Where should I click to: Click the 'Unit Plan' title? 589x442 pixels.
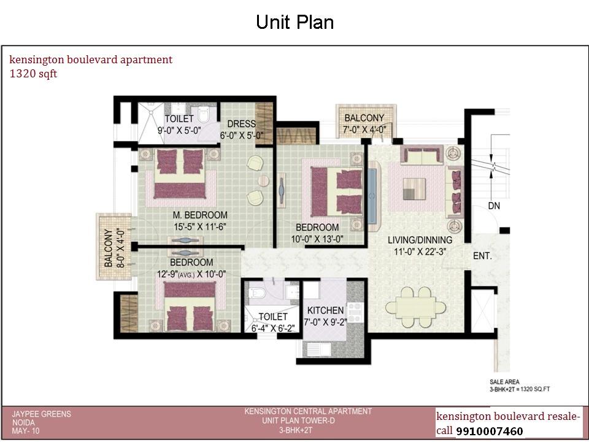[295, 22]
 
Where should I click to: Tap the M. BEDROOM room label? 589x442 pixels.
[200, 215]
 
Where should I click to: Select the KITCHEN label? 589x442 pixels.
[325, 311]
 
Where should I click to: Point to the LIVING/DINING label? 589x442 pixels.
[420, 240]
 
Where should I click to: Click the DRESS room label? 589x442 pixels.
[242, 123]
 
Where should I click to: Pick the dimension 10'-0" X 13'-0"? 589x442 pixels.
[317, 239]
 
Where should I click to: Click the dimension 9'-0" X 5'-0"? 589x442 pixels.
[179, 130]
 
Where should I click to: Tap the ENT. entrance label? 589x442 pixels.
[482, 256]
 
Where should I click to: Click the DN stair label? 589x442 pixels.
[494, 206]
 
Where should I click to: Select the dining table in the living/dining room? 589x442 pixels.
[415, 308]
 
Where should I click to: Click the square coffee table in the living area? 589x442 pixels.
[414, 189]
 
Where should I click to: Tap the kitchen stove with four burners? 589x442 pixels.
[354, 312]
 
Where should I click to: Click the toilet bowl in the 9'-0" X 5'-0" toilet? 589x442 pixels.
[204, 114]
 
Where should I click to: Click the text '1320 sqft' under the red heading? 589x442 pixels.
[33, 74]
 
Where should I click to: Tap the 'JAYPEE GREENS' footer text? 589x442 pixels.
[41, 414]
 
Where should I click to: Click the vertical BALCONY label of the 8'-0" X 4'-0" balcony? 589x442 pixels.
[108, 248]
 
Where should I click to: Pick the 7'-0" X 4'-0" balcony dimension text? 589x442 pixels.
[364, 130]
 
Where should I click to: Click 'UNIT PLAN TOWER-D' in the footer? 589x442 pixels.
[298, 421]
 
